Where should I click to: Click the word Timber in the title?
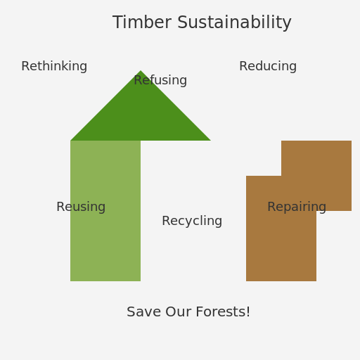click(142, 22)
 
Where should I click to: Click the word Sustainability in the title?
click(234, 22)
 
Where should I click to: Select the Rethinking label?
click(54, 66)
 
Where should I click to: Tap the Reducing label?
click(268, 66)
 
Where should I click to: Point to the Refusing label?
click(160, 80)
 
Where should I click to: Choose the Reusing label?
click(81, 207)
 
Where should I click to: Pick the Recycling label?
click(192, 221)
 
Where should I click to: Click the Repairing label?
click(297, 207)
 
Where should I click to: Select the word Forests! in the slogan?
click(223, 311)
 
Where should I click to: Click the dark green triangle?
click(141, 117)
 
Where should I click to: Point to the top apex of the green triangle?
click(141, 70)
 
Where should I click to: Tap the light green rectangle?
click(105, 211)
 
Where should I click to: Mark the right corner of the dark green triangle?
click(211, 141)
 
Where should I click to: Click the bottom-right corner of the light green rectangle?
click(141, 281)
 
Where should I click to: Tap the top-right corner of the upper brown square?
click(352, 141)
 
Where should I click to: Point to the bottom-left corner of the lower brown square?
click(246, 281)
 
